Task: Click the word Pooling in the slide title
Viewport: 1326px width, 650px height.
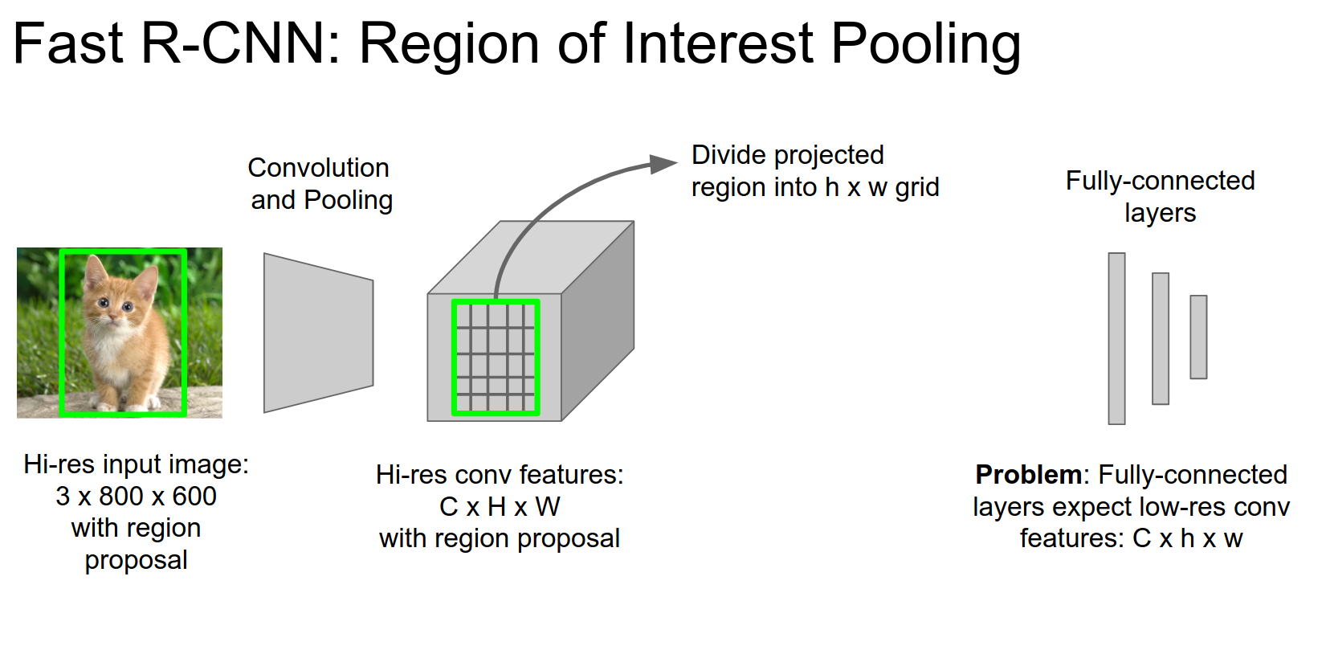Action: [x=925, y=44]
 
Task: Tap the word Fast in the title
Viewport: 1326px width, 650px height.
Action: [x=68, y=44]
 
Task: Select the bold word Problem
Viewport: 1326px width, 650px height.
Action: [x=1028, y=475]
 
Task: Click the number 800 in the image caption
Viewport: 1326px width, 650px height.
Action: [x=121, y=497]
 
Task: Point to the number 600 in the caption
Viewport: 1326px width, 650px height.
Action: [x=194, y=497]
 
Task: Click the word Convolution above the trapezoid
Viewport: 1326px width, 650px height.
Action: [x=318, y=168]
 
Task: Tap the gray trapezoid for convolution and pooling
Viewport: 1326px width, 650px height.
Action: [x=318, y=333]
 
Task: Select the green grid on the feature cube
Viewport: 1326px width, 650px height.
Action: [x=496, y=358]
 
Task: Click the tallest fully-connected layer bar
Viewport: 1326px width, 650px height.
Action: [x=1116, y=338]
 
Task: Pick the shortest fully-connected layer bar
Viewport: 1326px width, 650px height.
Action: [x=1198, y=337]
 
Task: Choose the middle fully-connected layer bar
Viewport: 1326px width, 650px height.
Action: [x=1160, y=338]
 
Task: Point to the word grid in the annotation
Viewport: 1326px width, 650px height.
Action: [x=916, y=188]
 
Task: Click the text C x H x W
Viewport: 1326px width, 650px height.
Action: [x=500, y=507]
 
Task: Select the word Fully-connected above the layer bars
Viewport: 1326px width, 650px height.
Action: [x=1160, y=181]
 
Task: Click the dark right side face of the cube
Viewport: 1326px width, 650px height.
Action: [x=598, y=321]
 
